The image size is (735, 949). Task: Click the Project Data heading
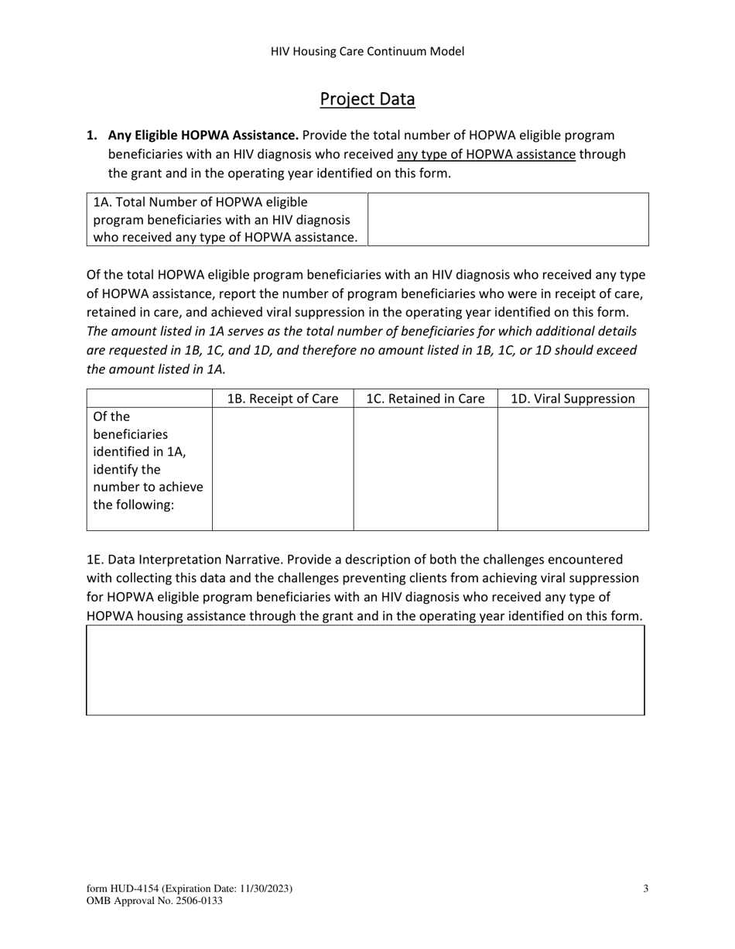pyautogui.click(x=367, y=99)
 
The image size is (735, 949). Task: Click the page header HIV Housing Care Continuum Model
pyautogui.click(x=367, y=52)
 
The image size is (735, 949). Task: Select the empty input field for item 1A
pyautogui.click(x=508, y=220)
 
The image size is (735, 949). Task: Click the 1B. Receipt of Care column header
pyautogui.click(x=282, y=399)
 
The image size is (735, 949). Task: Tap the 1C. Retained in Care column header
pyautogui.click(x=425, y=399)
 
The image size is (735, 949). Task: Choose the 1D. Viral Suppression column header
pyautogui.click(x=573, y=399)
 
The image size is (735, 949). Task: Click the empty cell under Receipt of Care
pyautogui.click(x=282, y=468)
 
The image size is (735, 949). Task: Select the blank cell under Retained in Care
pyautogui.click(x=425, y=468)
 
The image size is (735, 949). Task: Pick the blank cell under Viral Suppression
pyautogui.click(x=573, y=468)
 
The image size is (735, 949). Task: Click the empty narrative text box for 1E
pyautogui.click(x=365, y=670)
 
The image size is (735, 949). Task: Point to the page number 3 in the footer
pyautogui.click(x=645, y=889)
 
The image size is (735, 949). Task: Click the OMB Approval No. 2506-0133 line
pyautogui.click(x=155, y=900)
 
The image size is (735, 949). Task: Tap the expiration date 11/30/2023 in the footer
pyautogui.click(x=262, y=889)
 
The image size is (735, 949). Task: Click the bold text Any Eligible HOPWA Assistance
pyautogui.click(x=203, y=135)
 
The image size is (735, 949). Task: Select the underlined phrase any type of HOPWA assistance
pyautogui.click(x=486, y=154)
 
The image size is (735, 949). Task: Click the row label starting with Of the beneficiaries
pyautogui.click(x=149, y=461)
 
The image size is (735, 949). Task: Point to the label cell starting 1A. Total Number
pyautogui.click(x=226, y=220)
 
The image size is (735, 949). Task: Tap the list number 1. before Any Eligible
pyautogui.click(x=92, y=135)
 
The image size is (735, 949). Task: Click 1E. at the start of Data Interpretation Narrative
pyautogui.click(x=94, y=559)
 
